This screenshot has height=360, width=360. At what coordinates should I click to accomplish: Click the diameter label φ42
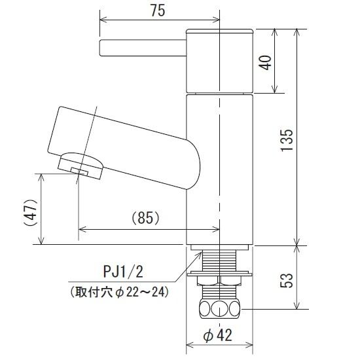point(219,336)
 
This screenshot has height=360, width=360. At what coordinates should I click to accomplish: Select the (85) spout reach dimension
point(146,218)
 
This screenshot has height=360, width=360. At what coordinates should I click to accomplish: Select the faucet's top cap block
point(220,61)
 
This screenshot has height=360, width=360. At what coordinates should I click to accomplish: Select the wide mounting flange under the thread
point(219,274)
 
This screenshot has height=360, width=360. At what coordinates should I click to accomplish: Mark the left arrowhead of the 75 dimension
point(101,18)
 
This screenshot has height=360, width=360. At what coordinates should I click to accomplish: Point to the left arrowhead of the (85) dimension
point(81,229)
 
